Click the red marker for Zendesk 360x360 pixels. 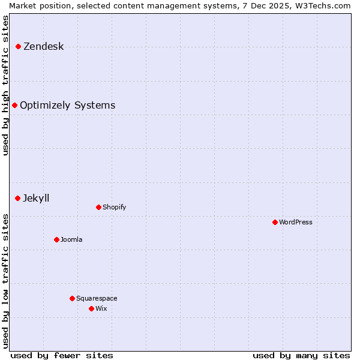tap(19, 47)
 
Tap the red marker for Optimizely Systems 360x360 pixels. tap(15, 106)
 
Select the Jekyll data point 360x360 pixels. tap(18, 199)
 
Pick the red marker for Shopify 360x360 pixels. tap(99, 208)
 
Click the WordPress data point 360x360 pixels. tap(275, 223)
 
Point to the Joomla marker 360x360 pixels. tap(57, 240)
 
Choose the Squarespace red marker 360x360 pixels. tap(73, 299)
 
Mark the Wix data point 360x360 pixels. tap(92, 309)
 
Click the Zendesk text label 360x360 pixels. tap(43, 47)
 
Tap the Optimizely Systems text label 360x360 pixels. tap(67, 106)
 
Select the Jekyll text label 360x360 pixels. tap(36, 199)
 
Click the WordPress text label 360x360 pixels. tap(296, 223)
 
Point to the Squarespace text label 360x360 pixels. tap(97, 299)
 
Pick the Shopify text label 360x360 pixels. tap(114, 208)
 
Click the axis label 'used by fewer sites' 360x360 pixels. tap(62, 355)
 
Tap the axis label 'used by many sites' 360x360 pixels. tap(301, 355)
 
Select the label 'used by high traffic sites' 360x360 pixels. tap(5, 85)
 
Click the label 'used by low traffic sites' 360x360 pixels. tap(5, 281)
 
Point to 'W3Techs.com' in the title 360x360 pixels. tap(326, 5)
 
